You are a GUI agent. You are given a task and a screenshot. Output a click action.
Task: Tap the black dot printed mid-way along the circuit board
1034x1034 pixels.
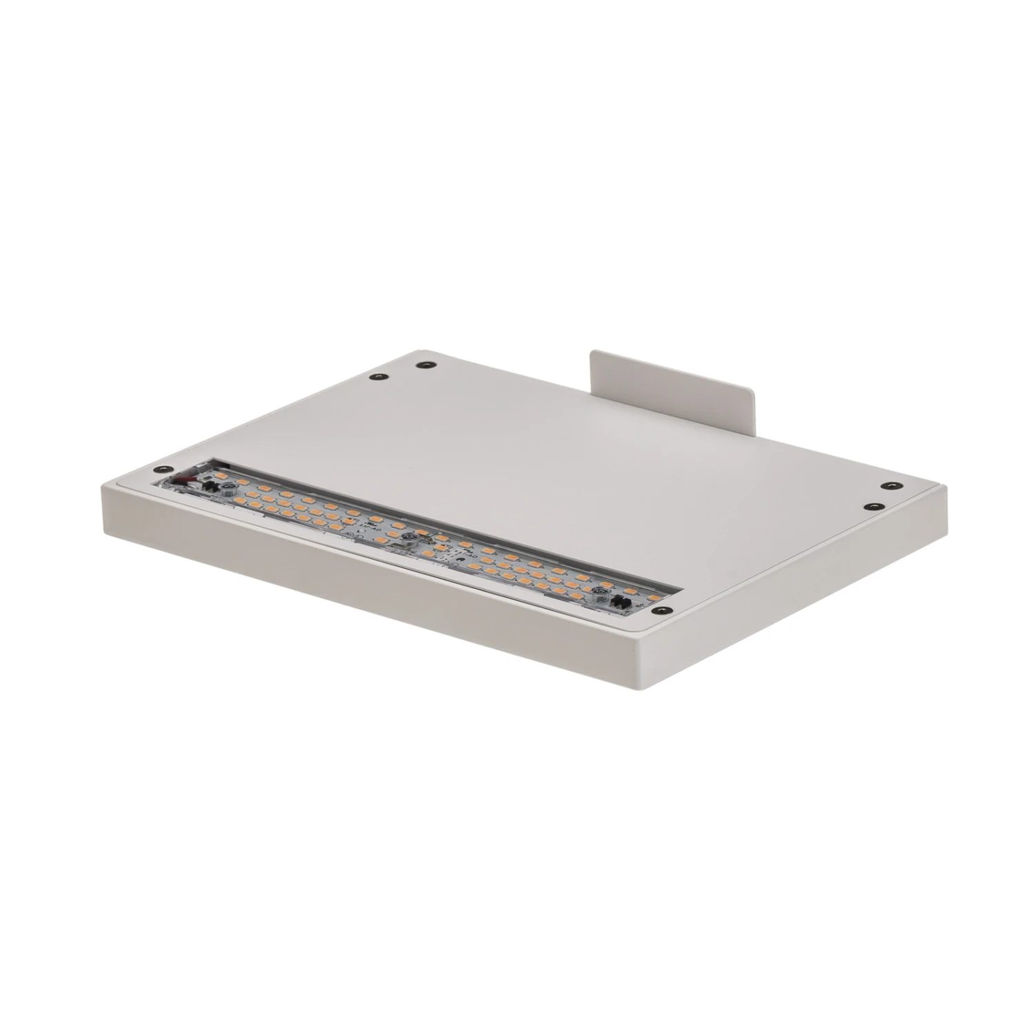pyautogui.click(x=460, y=560)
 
